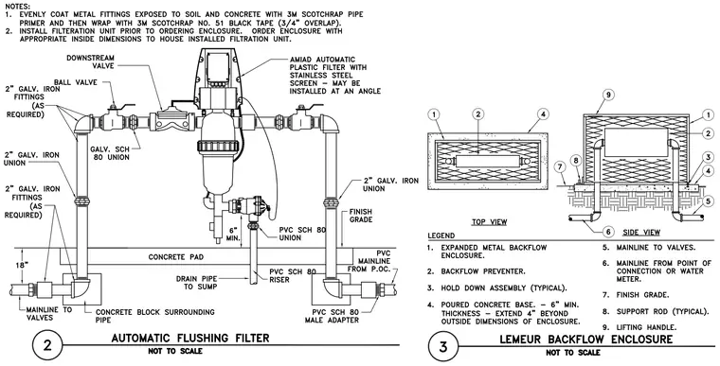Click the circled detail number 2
47,346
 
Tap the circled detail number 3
442,346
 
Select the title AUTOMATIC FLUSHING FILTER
190,339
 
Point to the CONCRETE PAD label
177,257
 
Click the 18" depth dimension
17,265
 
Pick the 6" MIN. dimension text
233,234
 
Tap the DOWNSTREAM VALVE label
91,61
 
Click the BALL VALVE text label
75,82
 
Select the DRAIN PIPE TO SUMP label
196,283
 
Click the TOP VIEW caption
490,222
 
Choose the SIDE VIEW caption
641,233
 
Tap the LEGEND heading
441,235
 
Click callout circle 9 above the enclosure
607,95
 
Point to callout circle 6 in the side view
608,232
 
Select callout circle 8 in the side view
577,160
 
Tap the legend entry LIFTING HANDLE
640,327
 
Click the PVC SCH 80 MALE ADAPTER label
333,316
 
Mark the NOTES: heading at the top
18,7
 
